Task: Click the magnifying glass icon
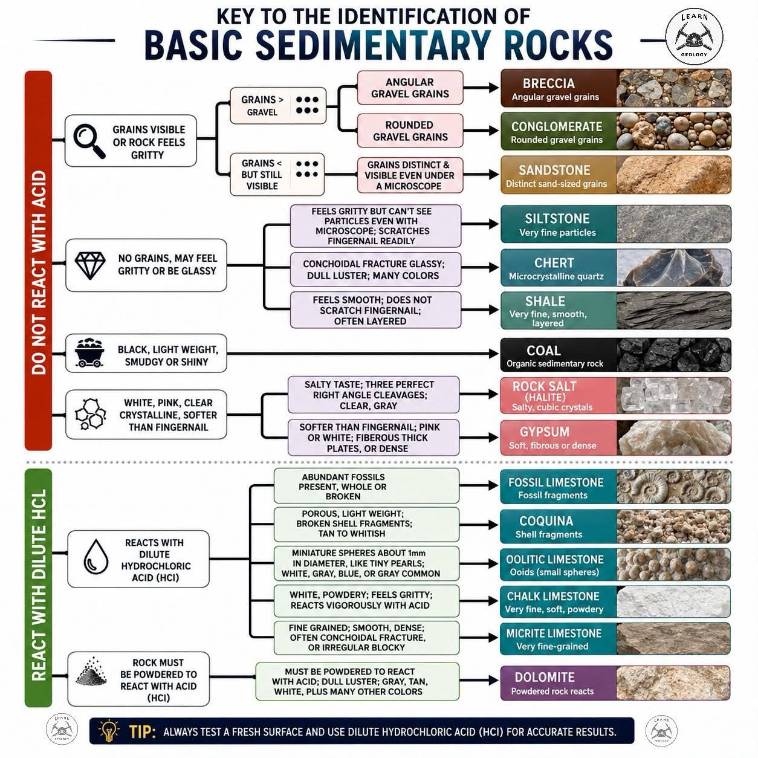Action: pyautogui.click(x=89, y=141)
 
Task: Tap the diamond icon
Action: pyautogui.click(x=90, y=265)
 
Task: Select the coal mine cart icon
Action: pyautogui.click(x=89, y=353)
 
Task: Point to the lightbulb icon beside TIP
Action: pyautogui.click(x=109, y=731)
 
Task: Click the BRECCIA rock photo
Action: pyautogui.click(x=673, y=88)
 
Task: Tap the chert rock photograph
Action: pyautogui.click(x=673, y=268)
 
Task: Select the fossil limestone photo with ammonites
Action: pyautogui.click(x=673, y=486)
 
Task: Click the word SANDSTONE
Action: pyautogui.click(x=554, y=170)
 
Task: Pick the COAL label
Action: pyautogui.click(x=543, y=351)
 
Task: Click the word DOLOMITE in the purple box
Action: pyautogui.click(x=545, y=677)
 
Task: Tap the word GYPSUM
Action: pyautogui.click(x=545, y=432)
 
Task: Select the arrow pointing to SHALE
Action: pyautogui.click(x=480, y=310)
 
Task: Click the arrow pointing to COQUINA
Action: pyautogui.click(x=479, y=525)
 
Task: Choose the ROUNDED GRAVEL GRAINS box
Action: pyautogui.click(x=410, y=131)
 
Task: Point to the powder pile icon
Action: pyautogui.click(x=92, y=672)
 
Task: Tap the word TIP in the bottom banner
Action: pyautogui.click(x=143, y=731)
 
